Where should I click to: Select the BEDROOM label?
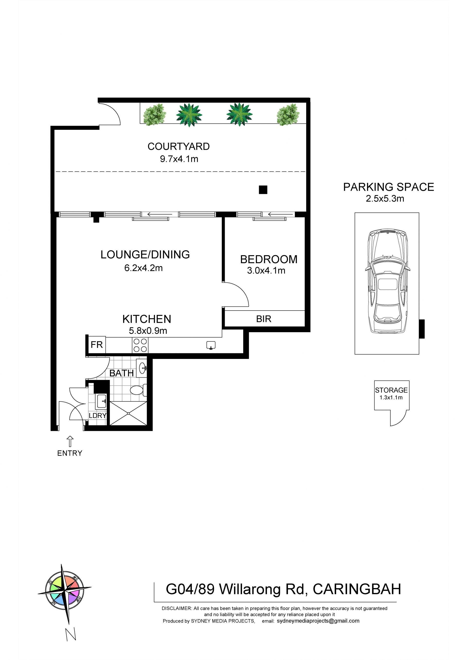click(x=269, y=260)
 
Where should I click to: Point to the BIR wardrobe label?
click(x=264, y=319)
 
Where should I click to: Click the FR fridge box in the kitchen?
click(x=97, y=345)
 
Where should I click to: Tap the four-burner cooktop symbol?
click(x=140, y=345)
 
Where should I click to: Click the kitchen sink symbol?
click(x=211, y=345)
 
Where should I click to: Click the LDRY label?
click(x=98, y=416)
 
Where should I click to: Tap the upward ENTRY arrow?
click(x=70, y=441)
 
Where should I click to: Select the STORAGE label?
click(x=391, y=390)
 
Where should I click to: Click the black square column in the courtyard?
click(x=263, y=190)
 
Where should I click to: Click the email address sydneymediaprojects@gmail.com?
click(x=318, y=621)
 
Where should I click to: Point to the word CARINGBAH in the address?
click(x=357, y=590)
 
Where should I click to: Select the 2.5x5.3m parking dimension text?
click(x=385, y=199)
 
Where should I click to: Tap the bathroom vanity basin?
click(x=142, y=368)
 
